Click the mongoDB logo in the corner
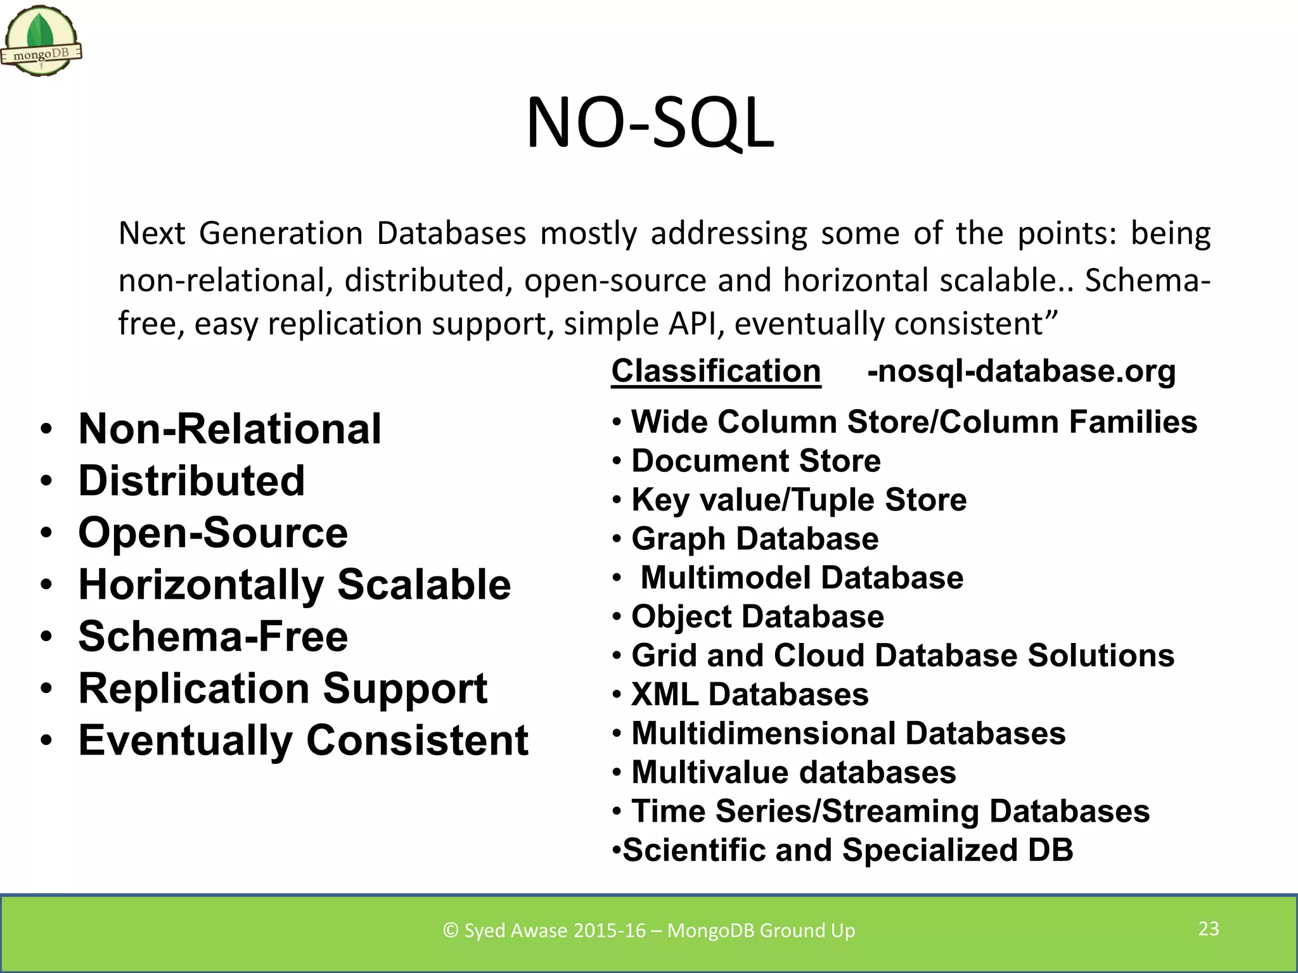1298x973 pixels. point(41,42)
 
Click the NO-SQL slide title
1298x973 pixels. point(650,123)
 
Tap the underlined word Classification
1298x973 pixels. point(716,371)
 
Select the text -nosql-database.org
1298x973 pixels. point(1021,371)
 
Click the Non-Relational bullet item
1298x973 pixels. point(229,429)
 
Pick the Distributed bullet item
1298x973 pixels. point(191,481)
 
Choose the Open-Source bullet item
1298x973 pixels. point(213,533)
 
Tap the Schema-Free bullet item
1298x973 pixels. point(213,637)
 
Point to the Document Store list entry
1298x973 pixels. point(755,461)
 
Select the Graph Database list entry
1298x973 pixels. point(754,539)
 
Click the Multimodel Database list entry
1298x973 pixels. point(801,578)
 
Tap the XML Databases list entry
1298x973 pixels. point(750,695)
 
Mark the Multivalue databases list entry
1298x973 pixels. point(794,773)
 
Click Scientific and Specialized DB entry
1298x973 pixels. point(847,850)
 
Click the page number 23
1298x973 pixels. point(1209,929)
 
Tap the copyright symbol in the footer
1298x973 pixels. point(451,931)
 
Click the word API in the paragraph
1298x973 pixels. point(696,324)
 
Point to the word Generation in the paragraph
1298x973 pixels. point(280,234)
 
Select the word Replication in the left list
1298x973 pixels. point(194,689)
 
